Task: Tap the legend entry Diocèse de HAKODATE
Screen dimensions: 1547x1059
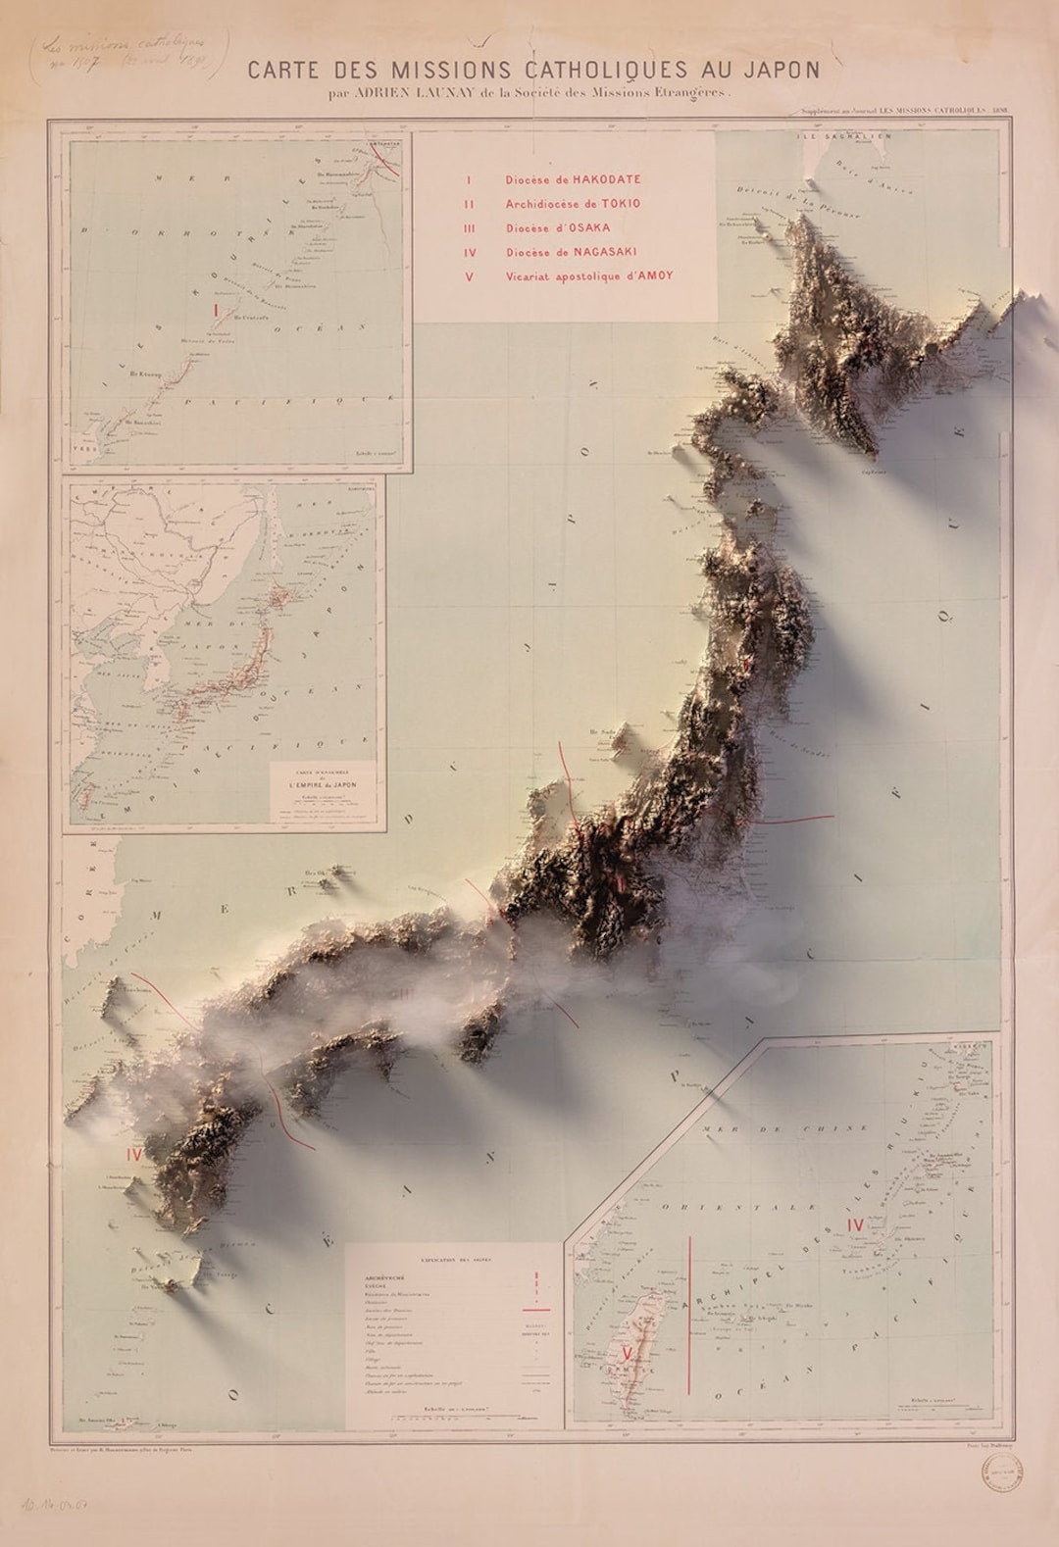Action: (x=573, y=180)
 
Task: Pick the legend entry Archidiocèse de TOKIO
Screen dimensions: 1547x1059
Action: (x=573, y=204)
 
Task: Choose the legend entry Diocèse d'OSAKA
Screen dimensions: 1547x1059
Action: (x=558, y=228)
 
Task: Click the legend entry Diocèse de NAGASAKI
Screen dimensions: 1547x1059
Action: (x=571, y=252)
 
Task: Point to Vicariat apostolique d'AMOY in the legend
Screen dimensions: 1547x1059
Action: (x=589, y=276)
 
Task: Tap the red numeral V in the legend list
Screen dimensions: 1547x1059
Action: (x=469, y=276)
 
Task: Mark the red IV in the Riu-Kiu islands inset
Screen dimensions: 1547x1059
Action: (x=855, y=1224)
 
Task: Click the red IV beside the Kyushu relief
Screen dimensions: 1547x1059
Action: (x=134, y=1155)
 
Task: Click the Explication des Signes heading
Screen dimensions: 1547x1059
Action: (x=447, y=1257)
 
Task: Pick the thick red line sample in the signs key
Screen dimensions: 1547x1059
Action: (x=535, y=1309)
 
